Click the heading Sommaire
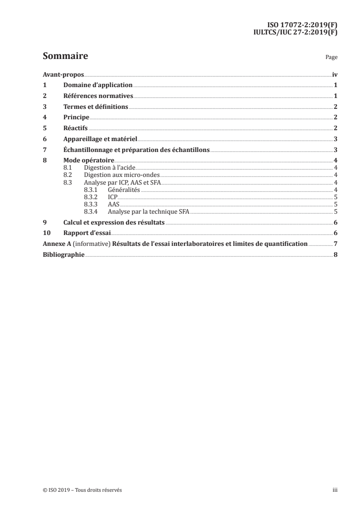pos(65,57)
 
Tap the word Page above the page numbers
pos(331,58)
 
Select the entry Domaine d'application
pos(98,85)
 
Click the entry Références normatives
pos(98,96)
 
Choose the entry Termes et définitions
pos(96,107)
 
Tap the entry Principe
pos(76,117)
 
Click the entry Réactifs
pos(75,128)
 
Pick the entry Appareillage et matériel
pos(100,139)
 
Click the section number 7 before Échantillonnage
pos(44,150)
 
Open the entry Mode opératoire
pos(89,161)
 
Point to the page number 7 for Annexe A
pos(335,244)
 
